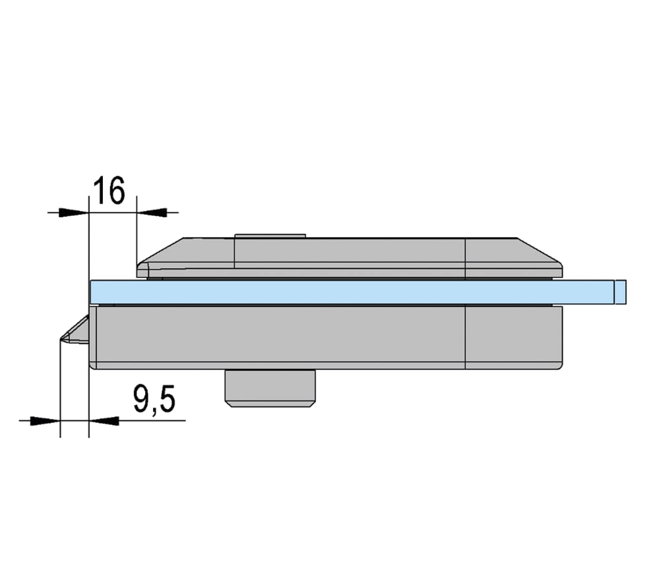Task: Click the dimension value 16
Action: click(108, 191)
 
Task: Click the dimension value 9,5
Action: click(154, 399)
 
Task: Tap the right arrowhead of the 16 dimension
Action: click(152, 212)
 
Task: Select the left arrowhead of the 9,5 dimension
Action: click(46, 421)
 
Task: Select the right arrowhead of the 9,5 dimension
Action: click(104, 421)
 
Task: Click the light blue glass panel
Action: click(352, 292)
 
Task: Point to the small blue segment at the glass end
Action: click(621, 292)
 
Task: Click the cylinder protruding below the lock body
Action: click(271, 388)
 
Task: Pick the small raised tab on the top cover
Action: click(271, 236)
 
